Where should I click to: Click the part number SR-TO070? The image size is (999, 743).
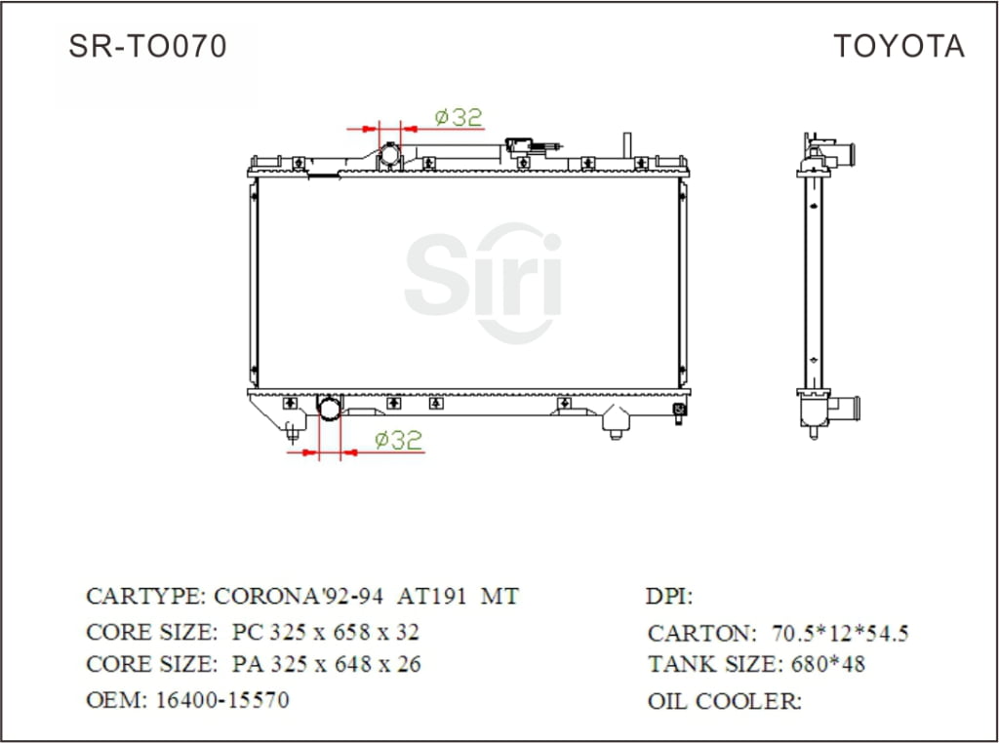pos(147,46)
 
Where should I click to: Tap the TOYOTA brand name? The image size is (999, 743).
pos(899,46)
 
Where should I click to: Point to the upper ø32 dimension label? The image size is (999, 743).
pos(458,117)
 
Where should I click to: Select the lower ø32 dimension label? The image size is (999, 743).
pos(398,441)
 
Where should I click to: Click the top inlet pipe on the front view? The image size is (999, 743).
pos(390,155)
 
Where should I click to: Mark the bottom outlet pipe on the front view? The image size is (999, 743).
pos(331,407)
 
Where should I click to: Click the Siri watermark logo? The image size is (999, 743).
pos(483,283)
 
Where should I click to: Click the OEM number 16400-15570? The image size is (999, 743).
pos(222,700)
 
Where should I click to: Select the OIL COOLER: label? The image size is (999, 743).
pos(724,700)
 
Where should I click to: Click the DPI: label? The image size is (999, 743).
pos(669,597)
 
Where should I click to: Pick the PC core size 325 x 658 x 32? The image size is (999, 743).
pos(326,632)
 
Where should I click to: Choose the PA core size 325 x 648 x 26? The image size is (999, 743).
pos(326,665)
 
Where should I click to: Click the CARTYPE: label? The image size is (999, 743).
pos(145,597)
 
